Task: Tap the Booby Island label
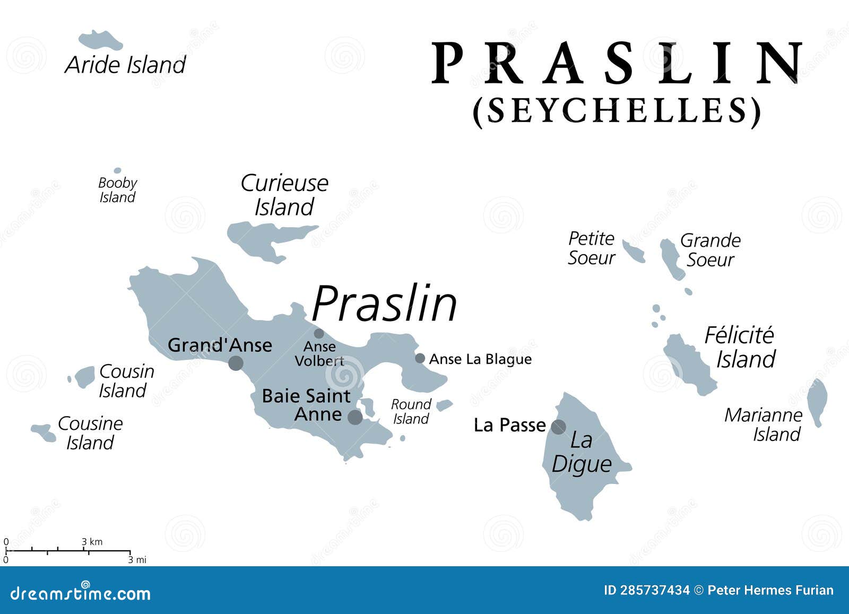[x=117, y=190]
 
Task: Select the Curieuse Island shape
[x=255, y=236]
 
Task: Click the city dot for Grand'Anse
[x=236, y=363]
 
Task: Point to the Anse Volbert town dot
[x=319, y=333]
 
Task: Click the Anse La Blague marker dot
[x=420, y=358]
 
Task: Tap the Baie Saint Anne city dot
[x=355, y=417]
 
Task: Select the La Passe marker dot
[x=558, y=427]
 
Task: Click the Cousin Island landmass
[x=84, y=377]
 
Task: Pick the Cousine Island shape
[x=44, y=432]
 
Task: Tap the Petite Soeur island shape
[x=634, y=251]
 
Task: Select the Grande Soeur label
[x=710, y=250]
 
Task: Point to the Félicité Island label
[x=740, y=347]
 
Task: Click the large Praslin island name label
[x=385, y=304]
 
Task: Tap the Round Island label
[x=411, y=411]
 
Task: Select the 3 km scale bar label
[x=92, y=542]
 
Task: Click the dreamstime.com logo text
[x=80, y=592]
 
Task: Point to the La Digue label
[x=582, y=452]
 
